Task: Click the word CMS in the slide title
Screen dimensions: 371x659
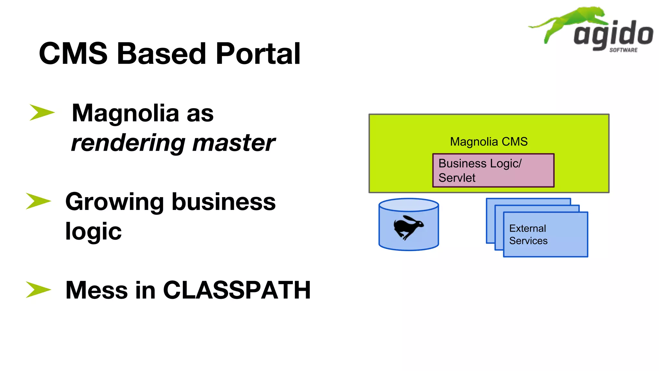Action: coord(73,53)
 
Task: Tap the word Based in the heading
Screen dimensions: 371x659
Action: coord(161,53)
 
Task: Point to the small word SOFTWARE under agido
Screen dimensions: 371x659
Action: coord(623,50)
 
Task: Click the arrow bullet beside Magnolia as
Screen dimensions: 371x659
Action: coord(42,112)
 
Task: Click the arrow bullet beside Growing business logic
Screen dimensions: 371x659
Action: coord(38,201)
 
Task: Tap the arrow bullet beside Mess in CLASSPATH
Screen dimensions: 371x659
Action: coord(38,289)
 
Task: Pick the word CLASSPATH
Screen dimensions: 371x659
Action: coord(237,290)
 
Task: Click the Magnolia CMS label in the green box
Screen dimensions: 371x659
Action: coord(488,142)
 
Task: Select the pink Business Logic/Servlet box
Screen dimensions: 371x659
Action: coord(493,170)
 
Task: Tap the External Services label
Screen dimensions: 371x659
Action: coord(528,234)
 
